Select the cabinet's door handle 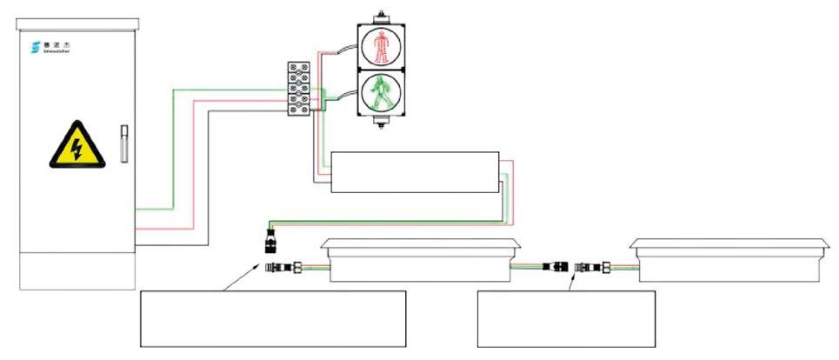point(123,144)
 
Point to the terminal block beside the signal point(300,89)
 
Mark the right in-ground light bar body point(729,262)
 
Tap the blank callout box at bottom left point(273,318)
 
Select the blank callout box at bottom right point(566,318)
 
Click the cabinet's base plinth point(77,269)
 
